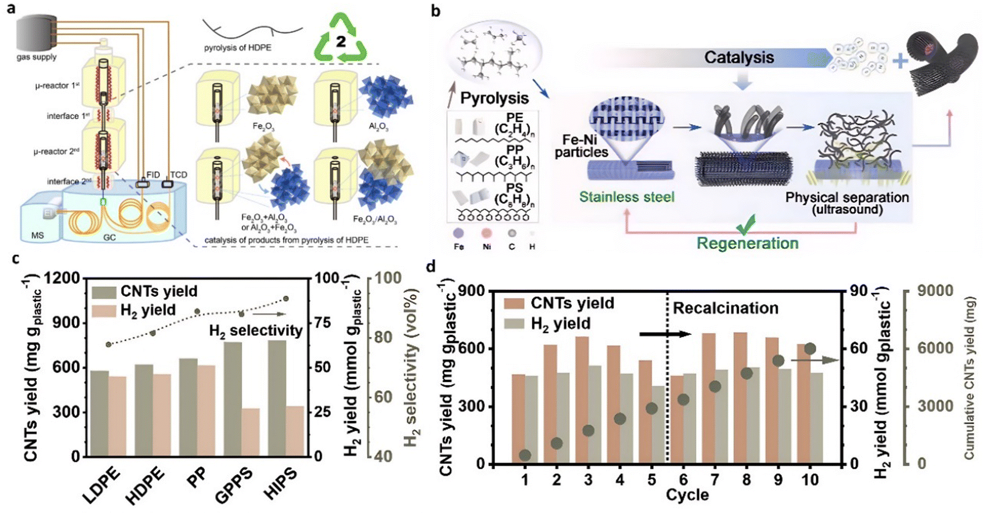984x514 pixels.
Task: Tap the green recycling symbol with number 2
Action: tap(340, 40)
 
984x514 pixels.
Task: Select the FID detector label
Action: tap(153, 175)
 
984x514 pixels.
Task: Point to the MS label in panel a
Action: tap(38, 235)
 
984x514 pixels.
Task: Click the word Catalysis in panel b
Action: tap(739, 58)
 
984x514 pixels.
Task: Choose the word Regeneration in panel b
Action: tap(747, 243)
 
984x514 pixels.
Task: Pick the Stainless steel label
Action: tap(626, 197)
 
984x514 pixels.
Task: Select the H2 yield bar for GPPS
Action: tap(250, 432)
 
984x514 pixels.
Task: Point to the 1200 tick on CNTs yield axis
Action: tap(64, 278)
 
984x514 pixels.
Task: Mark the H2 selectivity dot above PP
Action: tap(197, 312)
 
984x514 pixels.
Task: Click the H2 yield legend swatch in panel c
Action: tap(104, 310)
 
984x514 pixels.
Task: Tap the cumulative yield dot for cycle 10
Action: tap(810, 349)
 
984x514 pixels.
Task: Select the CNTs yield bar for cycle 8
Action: tap(740, 398)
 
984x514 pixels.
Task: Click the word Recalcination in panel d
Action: tap(725, 308)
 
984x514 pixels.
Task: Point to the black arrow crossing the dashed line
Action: tap(665, 334)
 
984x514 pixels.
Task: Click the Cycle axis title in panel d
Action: tap(687, 495)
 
